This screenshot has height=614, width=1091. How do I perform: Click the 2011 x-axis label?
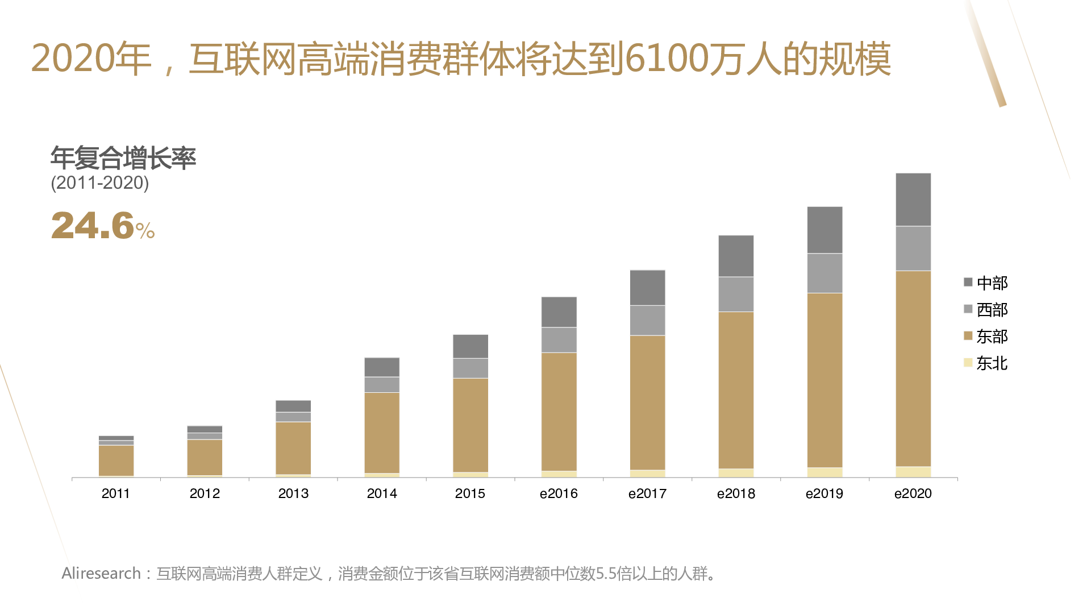tap(116, 493)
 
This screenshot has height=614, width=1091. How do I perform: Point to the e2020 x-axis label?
tap(913, 493)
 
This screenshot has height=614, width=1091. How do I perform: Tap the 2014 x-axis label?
tap(382, 493)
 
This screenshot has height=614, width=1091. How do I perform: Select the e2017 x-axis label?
tap(647, 493)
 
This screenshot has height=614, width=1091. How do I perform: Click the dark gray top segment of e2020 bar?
tap(913, 200)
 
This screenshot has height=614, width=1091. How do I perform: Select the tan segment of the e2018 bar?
tap(736, 390)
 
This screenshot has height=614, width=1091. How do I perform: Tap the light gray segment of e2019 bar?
tap(825, 273)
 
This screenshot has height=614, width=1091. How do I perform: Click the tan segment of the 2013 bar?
tap(293, 448)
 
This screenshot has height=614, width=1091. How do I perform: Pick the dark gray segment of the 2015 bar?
tap(470, 346)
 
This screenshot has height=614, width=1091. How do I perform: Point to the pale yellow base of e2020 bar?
tap(913, 472)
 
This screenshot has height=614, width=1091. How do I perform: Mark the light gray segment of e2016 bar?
tap(559, 340)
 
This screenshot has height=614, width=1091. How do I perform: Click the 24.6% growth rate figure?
tap(103, 226)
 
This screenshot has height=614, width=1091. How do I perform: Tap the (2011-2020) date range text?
tap(100, 183)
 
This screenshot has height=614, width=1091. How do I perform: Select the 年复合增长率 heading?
tap(123, 158)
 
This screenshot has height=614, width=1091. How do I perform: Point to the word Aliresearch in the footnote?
tap(101, 573)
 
